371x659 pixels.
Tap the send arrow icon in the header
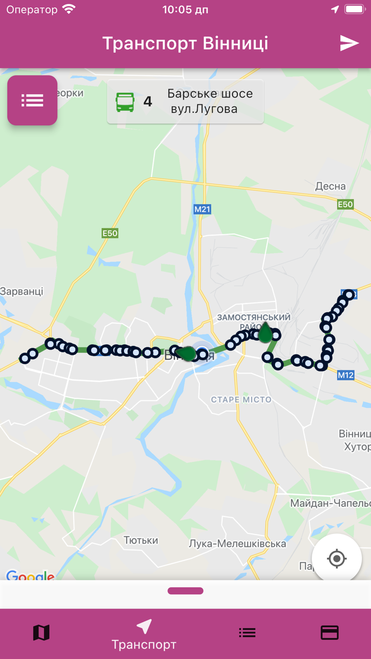point(349,43)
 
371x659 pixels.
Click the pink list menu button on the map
point(32,100)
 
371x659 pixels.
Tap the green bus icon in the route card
point(125,102)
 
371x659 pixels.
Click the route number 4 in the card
point(148,102)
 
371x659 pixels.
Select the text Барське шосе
point(210,94)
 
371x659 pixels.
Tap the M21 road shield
point(202,209)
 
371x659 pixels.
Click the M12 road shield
point(346,375)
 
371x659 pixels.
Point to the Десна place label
point(330,186)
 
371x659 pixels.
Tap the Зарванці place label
point(21,291)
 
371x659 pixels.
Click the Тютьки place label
point(141,540)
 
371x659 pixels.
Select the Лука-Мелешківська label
point(237,544)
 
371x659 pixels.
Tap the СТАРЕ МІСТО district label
point(241,399)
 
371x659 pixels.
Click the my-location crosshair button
point(337,558)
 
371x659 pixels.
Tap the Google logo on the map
point(30,576)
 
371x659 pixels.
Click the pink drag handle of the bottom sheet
point(185,591)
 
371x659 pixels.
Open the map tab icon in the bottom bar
point(41,633)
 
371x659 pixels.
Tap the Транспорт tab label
point(144,645)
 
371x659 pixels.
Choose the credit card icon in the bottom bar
point(330,633)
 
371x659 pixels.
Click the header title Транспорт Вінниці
point(185,43)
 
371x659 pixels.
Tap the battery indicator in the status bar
point(354,10)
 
